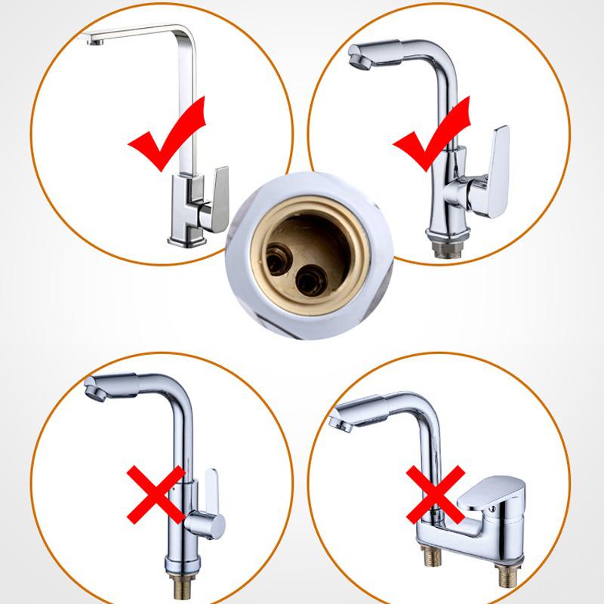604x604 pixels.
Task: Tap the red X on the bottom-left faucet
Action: [155, 495]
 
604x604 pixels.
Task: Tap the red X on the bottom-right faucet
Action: [436, 495]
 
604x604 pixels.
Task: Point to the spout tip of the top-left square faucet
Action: [94, 40]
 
